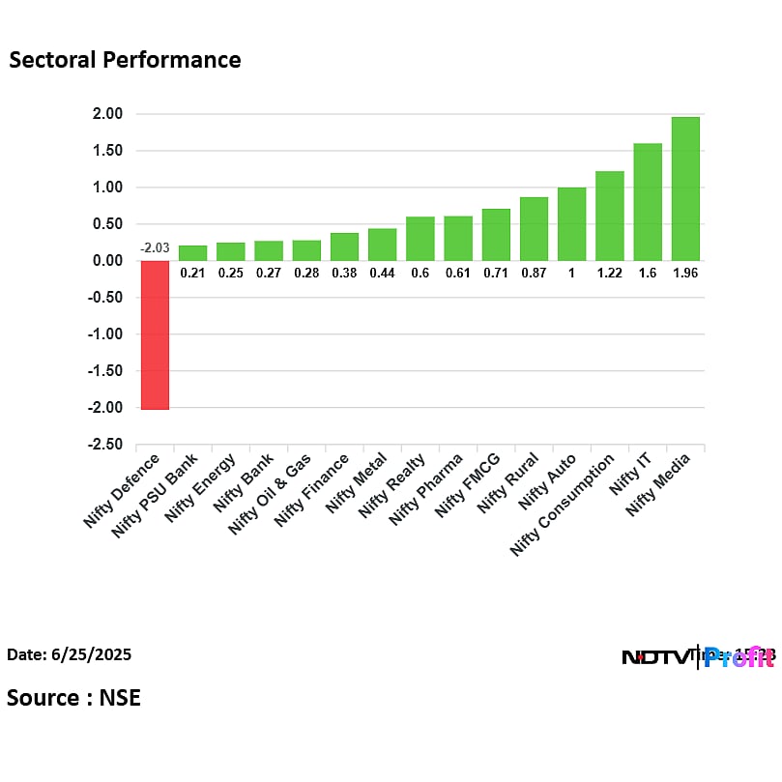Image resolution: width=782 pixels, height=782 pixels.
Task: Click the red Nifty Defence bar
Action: pos(155,334)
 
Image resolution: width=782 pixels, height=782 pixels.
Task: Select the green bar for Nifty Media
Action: pos(685,188)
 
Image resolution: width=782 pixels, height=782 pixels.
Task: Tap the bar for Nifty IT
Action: pos(648,202)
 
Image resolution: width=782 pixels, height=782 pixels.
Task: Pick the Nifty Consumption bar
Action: pos(610,216)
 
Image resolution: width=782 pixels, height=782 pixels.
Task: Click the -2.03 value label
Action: pos(155,248)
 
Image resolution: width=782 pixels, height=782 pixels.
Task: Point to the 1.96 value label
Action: pos(685,274)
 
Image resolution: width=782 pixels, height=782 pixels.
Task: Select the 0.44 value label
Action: pos(382,274)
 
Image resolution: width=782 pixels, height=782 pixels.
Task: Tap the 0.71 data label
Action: pos(496,274)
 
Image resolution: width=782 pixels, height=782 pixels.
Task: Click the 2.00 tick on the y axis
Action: pos(108,114)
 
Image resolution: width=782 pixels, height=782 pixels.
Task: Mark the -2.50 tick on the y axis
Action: pos(106,445)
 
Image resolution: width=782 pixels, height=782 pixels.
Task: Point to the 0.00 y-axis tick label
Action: pos(108,261)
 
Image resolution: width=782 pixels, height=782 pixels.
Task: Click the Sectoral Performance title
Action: pos(125,60)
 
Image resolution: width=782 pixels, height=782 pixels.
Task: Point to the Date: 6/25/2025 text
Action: pos(69,654)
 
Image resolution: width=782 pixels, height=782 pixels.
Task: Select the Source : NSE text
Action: pos(73,697)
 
